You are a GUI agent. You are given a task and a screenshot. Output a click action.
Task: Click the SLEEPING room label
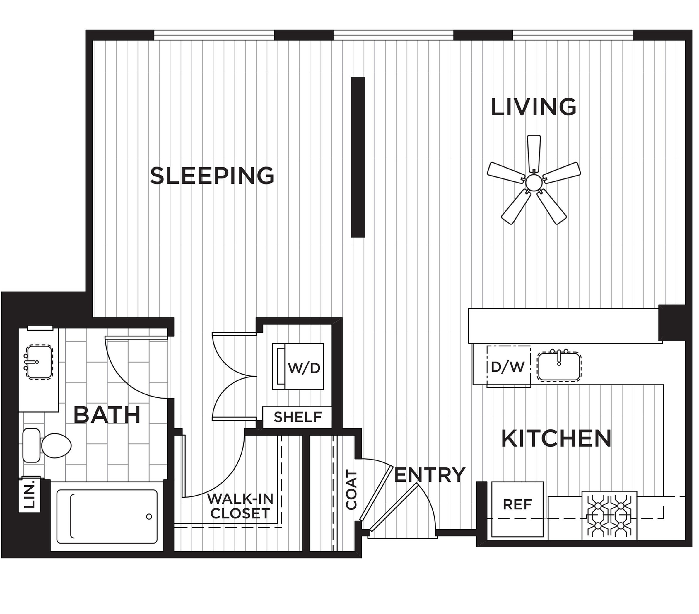[212, 176]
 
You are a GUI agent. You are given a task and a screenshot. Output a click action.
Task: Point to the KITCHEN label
[556, 438]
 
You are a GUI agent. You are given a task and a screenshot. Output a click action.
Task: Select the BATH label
[107, 414]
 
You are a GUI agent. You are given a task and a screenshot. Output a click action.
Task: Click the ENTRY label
[430, 474]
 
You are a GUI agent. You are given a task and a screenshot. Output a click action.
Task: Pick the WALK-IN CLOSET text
[240, 506]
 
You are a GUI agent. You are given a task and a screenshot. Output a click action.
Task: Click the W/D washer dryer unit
[298, 366]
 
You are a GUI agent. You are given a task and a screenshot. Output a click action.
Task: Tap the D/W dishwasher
[509, 366]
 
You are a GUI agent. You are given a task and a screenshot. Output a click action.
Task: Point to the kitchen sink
[559, 365]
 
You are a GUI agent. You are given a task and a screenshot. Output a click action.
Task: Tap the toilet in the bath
[47, 445]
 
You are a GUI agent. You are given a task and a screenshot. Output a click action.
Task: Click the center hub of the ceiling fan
[534, 182]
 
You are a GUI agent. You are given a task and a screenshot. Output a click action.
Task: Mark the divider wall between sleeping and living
[358, 157]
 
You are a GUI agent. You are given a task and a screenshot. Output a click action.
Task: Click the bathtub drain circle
[149, 516]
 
